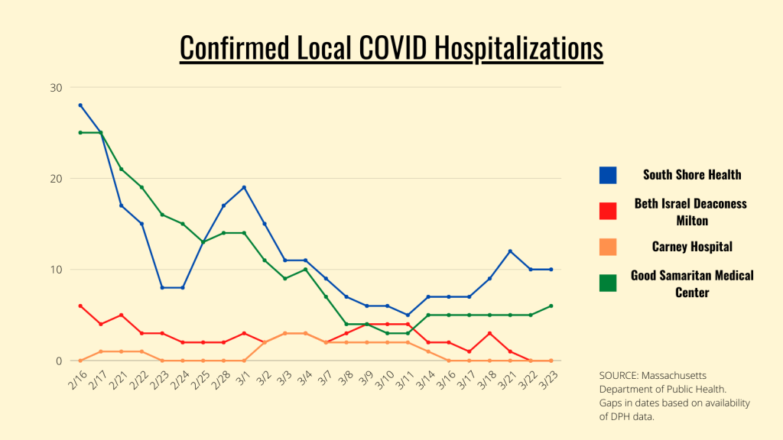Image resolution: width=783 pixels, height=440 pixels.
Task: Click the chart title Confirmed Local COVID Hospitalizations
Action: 391,47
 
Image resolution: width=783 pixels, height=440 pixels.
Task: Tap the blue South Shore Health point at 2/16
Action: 80,105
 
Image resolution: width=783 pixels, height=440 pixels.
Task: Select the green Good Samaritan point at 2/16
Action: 80,132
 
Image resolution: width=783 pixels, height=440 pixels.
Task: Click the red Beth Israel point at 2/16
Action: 80,306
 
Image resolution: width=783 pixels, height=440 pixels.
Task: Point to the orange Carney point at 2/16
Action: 80,360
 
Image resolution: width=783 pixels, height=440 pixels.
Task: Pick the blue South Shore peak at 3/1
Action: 244,187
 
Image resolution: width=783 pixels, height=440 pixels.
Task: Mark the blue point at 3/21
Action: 509,251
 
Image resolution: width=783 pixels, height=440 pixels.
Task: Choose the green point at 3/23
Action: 551,306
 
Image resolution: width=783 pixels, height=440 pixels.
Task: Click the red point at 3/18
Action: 489,333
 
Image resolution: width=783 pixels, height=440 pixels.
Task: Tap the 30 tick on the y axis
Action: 56,87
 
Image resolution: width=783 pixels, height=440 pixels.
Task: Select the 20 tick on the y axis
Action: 56,179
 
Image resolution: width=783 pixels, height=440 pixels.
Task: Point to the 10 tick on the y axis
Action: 56,270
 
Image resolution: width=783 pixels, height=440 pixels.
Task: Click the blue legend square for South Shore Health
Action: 608,175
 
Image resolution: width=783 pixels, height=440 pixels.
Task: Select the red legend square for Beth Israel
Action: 608,211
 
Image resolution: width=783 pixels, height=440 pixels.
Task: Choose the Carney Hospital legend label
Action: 691,247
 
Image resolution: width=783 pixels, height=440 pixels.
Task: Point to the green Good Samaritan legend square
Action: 608,283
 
